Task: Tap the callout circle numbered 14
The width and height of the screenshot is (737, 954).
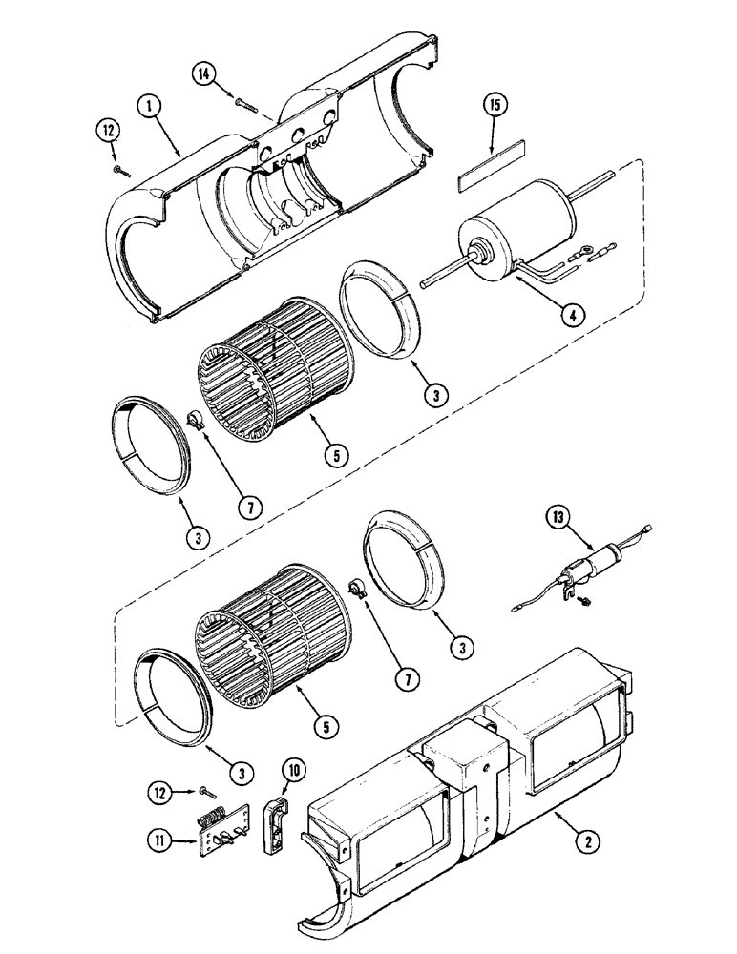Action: point(203,73)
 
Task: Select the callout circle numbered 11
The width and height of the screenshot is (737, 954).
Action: point(158,840)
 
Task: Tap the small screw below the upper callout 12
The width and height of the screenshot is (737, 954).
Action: point(116,169)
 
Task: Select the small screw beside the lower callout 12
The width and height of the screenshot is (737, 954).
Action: point(207,790)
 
